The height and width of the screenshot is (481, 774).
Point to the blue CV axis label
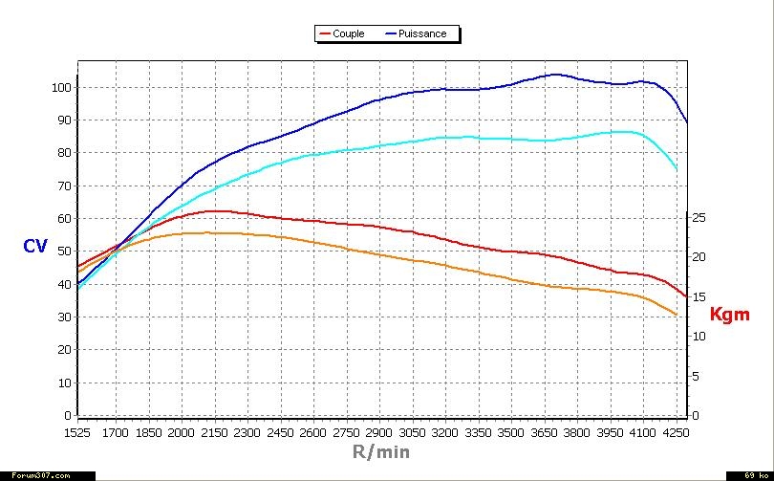point(35,247)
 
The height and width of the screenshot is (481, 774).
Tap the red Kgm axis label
point(729,314)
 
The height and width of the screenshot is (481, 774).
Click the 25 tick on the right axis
point(699,218)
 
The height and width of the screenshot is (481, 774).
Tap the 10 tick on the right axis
point(699,337)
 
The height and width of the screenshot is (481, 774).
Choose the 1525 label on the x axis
point(77,433)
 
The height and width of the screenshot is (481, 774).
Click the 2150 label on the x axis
point(214,433)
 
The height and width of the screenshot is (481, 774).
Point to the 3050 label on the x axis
point(413,433)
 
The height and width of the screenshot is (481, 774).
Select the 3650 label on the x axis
point(545,433)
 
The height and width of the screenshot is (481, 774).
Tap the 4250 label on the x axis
point(674,433)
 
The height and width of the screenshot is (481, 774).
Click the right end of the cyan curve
point(677,169)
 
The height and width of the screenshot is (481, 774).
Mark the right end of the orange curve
point(677,315)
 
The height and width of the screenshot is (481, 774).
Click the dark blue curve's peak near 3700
point(554,75)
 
